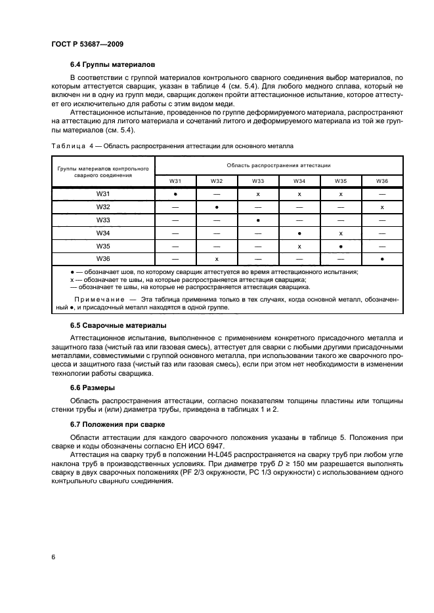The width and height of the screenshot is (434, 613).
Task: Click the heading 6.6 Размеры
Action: tap(93, 387)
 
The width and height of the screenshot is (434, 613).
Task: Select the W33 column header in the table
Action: tap(258, 180)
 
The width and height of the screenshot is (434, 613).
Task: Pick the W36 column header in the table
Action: tap(382, 180)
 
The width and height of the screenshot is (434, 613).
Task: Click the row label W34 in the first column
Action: tap(103, 232)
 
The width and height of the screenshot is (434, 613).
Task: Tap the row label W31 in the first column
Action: tap(103, 195)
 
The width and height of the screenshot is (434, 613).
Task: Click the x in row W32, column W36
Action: tap(382, 207)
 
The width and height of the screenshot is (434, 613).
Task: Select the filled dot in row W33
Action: tap(258, 220)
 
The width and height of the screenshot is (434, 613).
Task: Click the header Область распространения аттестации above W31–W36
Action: tap(278, 165)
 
